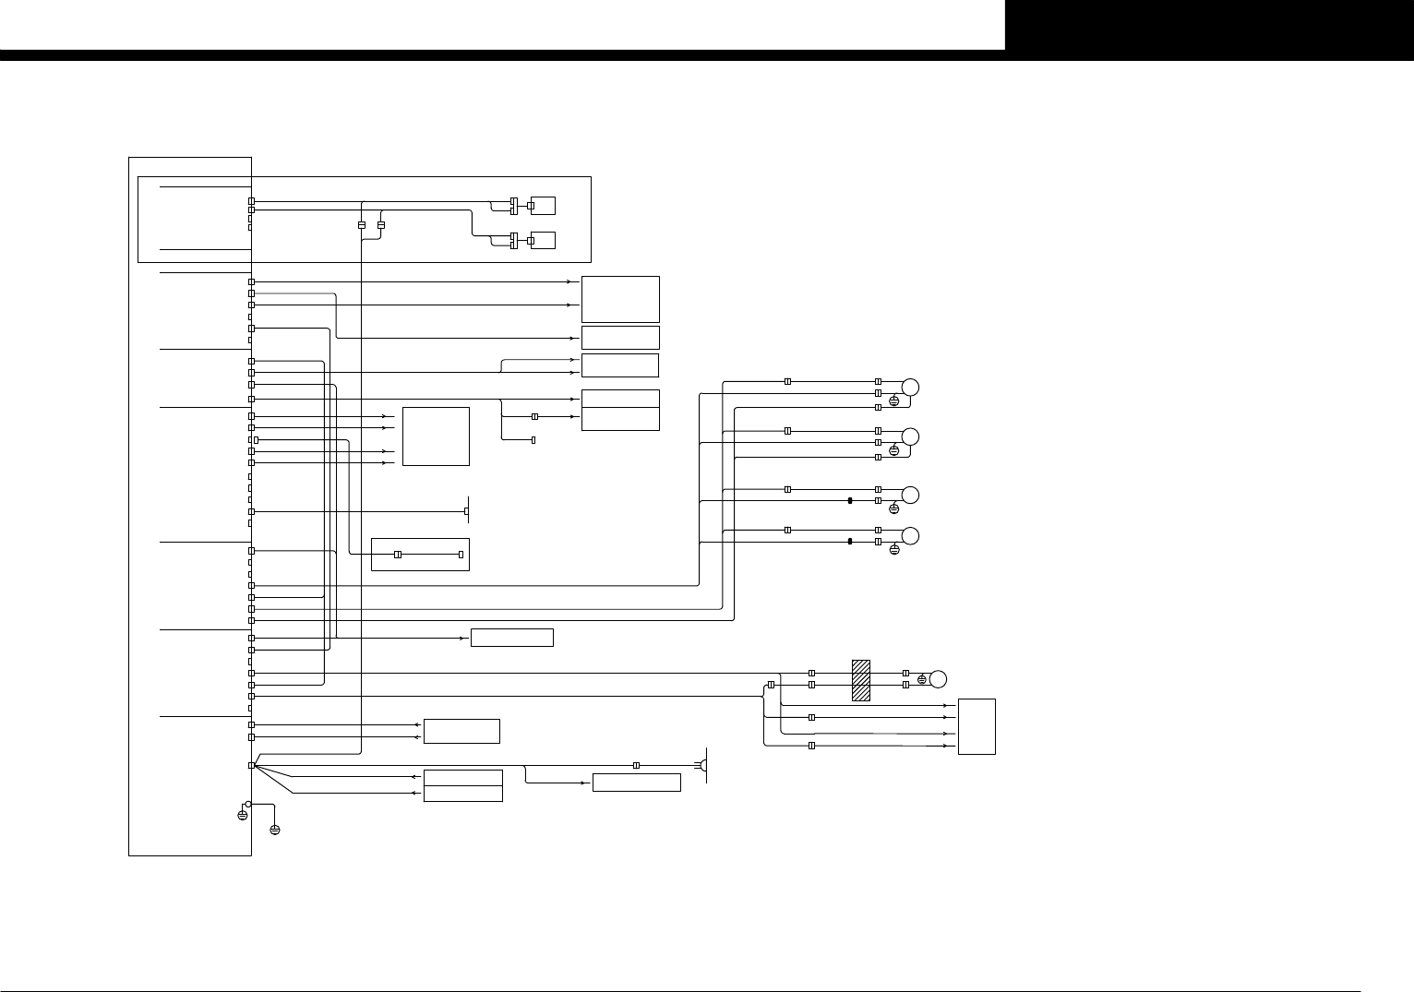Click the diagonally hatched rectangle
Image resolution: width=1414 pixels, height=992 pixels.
point(861,680)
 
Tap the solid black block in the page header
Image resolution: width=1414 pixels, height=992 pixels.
point(1209,25)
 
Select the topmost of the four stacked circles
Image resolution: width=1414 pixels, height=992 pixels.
point(911,388)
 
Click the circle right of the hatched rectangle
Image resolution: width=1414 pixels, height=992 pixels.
point(939,680)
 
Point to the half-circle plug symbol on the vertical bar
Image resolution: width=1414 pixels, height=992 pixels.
point(702,765)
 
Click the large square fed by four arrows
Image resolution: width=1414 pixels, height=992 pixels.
point(437,436)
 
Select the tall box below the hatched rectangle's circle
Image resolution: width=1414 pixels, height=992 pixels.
point(977,726)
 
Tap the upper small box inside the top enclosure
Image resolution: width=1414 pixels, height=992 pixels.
point(543,205)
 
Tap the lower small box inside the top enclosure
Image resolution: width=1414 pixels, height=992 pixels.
point(543,240)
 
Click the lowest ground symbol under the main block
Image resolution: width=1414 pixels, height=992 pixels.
point(275,830)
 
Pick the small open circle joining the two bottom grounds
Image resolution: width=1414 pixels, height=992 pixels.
point(247,804)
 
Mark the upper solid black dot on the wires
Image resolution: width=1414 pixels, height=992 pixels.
point(849,500)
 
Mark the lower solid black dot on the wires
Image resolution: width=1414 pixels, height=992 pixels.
point(849,542)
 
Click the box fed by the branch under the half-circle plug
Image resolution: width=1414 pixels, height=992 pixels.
point(636,783)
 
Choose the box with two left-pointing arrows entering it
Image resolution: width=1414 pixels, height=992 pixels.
point(461,731)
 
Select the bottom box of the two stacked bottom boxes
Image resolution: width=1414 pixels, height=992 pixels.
point(462,794)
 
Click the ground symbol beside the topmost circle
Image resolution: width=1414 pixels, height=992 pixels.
point(893,400)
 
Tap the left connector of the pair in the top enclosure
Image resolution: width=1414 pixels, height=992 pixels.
point(362,225)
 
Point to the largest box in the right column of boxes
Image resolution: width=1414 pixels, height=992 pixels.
point(620,299)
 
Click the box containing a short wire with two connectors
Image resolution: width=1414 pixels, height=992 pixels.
point(420,554)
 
